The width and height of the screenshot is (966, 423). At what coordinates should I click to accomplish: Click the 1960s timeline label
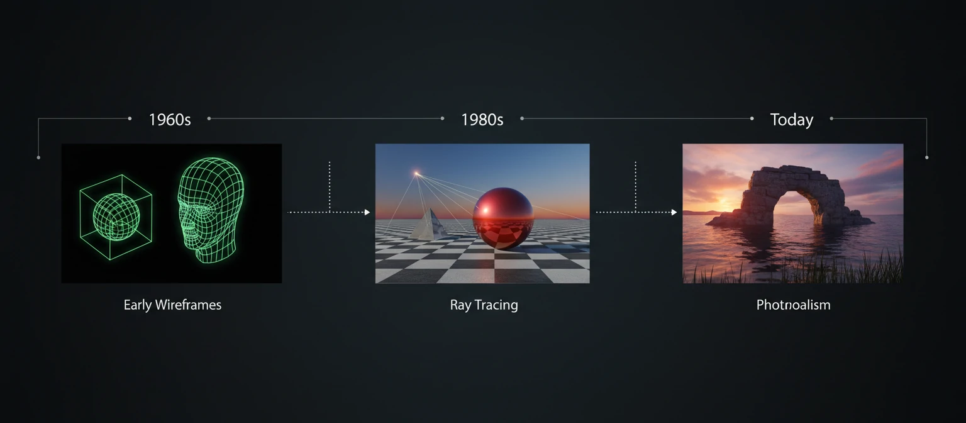[x=170, y=120]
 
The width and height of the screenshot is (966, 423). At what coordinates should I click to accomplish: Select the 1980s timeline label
[x=482, y=120]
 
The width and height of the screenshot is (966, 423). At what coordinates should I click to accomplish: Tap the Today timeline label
[x=791, y=120]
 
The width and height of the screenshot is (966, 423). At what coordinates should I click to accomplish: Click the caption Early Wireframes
[x=172, y=305]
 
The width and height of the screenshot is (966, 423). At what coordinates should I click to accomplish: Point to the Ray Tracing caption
[x=484, y=305]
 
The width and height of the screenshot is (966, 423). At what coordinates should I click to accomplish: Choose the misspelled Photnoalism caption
[x=793, y=305]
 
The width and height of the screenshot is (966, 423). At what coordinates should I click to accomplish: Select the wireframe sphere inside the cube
[x=116, y=216]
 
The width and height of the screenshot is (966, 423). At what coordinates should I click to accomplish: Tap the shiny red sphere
[x=502, y=218]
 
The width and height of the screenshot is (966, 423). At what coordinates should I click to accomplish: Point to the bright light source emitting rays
[x=416, y=172]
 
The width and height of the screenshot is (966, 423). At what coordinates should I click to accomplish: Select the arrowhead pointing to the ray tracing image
[x=367, y=212]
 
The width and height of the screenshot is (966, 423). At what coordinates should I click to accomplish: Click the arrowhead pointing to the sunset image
[x=674, y=212]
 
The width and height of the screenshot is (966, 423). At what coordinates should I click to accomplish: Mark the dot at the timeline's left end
[x=38, y=157]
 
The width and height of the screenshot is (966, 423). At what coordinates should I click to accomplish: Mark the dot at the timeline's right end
[x=926, y=157]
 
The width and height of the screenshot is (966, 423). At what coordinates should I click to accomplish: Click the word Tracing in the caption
[x=496, y=305]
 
